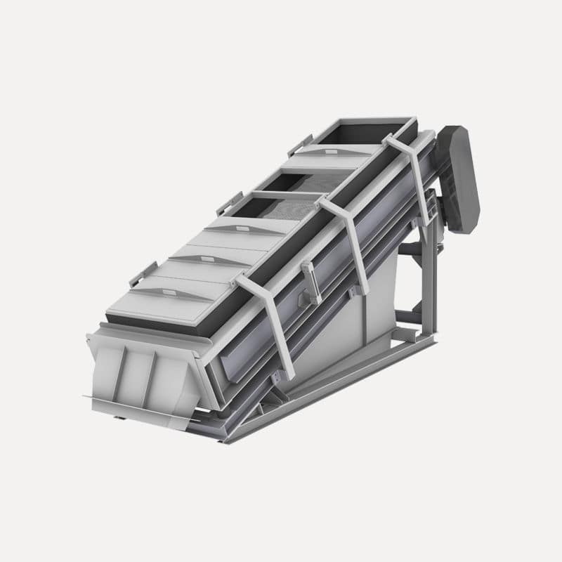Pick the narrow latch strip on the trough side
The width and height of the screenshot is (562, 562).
[310, 281]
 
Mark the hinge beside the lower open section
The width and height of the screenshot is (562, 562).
[229, 203]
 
